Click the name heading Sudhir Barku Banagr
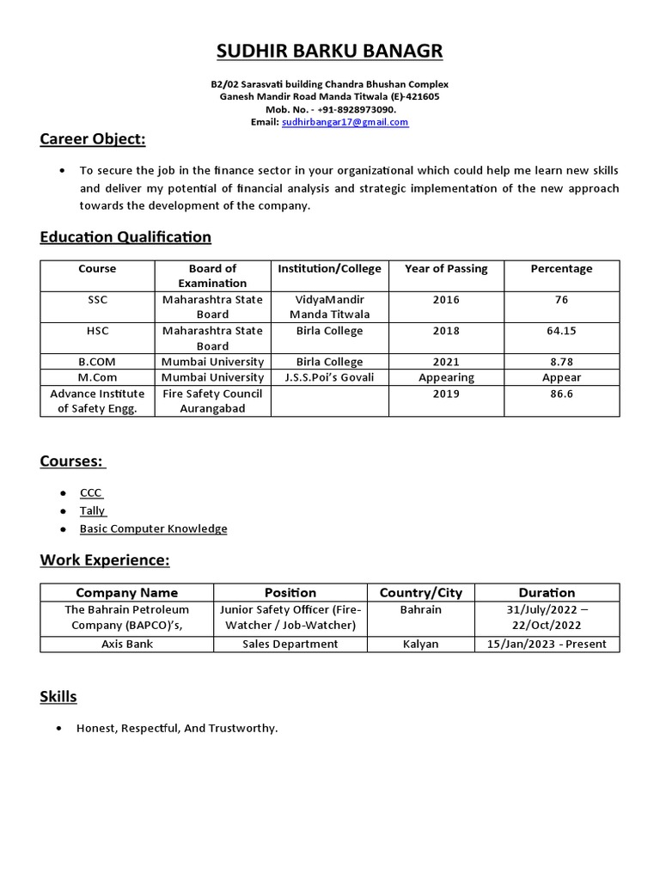[330, 52]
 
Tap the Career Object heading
[93, 139]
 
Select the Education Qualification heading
[125, 236]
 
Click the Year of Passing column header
[446, 269]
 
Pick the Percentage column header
[561, 269]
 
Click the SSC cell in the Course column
[98, 300]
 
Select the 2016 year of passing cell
[446, 300]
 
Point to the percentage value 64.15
[561, 331]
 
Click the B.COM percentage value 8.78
[561, 362]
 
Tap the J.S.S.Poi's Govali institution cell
[329, 377]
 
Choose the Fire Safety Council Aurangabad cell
[212, 401]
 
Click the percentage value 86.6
[561, 394]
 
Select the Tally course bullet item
[92, 510]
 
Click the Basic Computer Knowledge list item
[154, 529]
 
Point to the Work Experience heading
[105, 560]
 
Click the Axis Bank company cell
[126, 644]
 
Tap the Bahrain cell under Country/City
[420, 609]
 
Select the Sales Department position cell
[290, 644]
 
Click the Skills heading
[58, 696]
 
